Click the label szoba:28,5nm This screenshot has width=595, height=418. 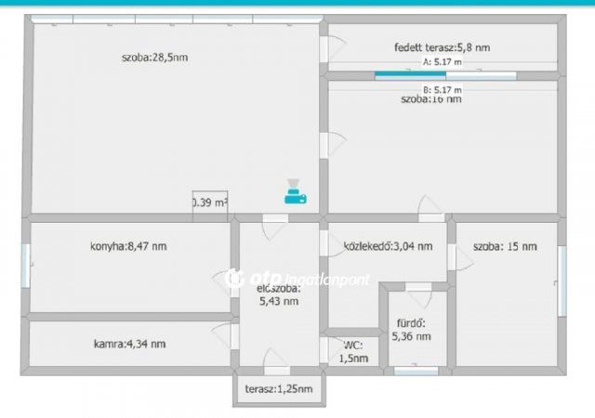154,58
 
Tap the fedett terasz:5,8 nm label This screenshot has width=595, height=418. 443,46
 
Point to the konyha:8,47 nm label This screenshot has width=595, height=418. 128,246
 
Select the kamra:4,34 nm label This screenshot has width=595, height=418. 130,344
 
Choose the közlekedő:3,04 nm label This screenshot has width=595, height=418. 388,246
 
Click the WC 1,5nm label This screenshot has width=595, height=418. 351,351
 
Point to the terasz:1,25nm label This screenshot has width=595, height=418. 279,388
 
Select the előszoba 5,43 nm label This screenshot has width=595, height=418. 278,294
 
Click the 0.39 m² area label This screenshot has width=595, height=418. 210,202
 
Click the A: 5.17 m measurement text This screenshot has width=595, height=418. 442,62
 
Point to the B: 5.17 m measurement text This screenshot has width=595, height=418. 442,89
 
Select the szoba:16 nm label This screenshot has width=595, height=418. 430,98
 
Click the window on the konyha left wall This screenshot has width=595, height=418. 26,265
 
